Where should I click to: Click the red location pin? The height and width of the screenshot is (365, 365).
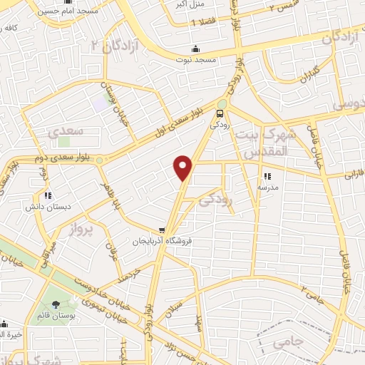183,168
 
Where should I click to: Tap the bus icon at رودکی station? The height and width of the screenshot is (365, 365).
220,111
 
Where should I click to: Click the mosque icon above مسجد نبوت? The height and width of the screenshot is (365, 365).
196,49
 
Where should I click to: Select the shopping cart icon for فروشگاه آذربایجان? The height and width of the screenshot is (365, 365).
163,230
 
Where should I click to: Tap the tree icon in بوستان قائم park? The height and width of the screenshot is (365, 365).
57,305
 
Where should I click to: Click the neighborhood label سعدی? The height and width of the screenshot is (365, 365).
66,132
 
